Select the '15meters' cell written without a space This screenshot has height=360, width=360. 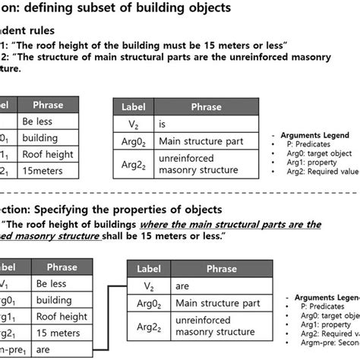[x=43, y=172]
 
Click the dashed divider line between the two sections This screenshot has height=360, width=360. [x=180, y=192]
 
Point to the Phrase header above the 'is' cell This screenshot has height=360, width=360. [x=202, y=107]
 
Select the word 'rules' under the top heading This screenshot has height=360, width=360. [x=43, y=33]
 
